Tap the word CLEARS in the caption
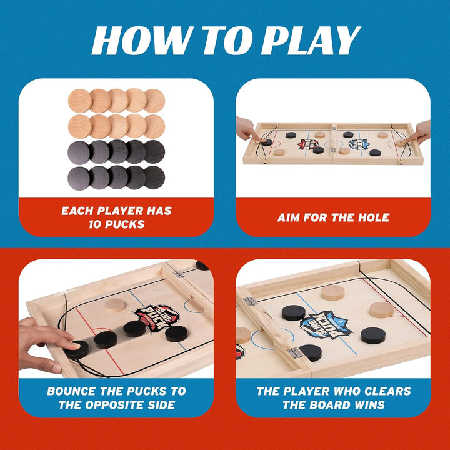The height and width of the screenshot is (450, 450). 386,391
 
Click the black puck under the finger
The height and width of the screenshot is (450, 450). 76,347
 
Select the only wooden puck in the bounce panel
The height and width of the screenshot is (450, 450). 116,305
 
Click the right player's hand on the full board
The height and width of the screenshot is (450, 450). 419,132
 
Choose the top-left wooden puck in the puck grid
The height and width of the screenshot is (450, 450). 79,99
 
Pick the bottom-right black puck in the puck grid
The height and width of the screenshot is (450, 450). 154,176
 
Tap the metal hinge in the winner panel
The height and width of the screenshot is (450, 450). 250,301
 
